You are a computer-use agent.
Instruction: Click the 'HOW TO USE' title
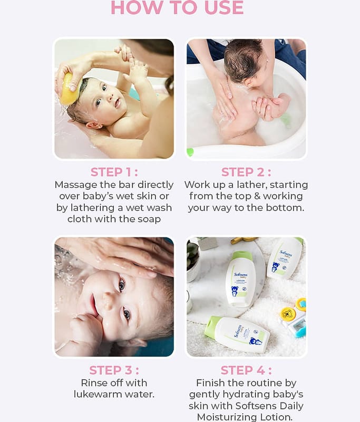pos(177,7)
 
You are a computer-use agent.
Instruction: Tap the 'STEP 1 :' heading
pos(114,172)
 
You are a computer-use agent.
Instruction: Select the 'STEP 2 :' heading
pos(246,172)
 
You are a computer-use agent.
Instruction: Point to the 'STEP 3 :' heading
pos(114,370)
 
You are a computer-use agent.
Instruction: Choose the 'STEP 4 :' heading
pos(246,370)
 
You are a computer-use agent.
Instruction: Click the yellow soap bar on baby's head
pos(70,89)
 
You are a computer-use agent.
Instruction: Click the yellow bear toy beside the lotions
pos(287,314)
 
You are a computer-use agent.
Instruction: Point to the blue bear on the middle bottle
pos(235,291)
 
